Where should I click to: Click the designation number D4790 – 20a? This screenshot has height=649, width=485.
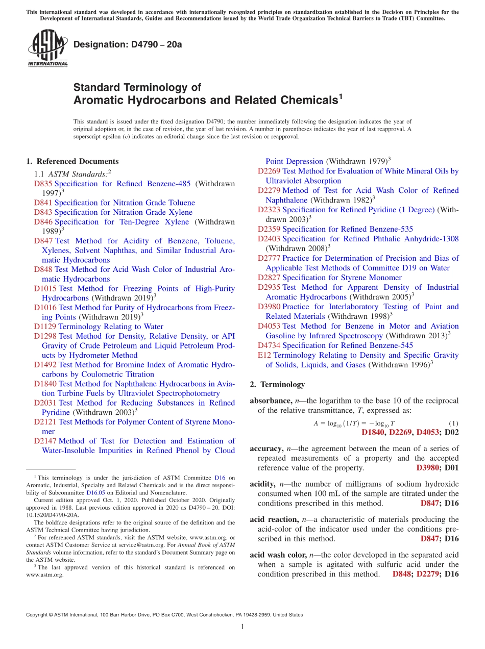(x=128, y=44)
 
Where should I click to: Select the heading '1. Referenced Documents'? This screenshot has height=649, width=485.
(x=72, y=161)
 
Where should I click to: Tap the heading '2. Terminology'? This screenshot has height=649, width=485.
(x=277, y=384)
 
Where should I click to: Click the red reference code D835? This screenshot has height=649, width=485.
(x=43, y=184)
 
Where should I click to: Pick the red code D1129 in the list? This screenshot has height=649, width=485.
(x=45, y=327)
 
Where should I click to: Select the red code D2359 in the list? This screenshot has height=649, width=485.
(x=269, y=229)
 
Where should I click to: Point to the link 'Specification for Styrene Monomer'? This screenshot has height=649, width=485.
(x=342, y=278)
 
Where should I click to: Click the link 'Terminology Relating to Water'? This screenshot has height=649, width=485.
(x=111, y=327)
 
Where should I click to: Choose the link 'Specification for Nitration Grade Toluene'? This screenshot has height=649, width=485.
(x=125, y=203)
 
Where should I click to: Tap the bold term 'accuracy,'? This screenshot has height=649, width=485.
(x=266, y=448)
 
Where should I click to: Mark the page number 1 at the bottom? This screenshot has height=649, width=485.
(x=243, y=627)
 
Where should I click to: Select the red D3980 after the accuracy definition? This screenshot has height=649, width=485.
(x=428, y=467)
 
